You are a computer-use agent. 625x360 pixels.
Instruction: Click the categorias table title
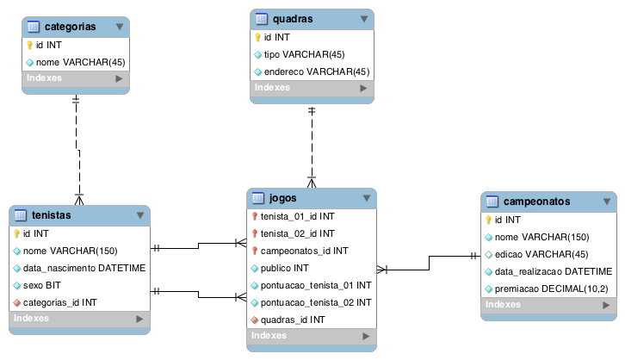tap(69, 27)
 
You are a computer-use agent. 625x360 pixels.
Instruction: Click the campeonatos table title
tap(536, 202)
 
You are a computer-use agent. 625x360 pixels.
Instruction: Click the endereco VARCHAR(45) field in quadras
tap(317, 71)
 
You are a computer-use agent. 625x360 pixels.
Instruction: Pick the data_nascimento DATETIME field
tap(84, 268)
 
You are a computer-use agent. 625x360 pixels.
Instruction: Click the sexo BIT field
tap(41, 285)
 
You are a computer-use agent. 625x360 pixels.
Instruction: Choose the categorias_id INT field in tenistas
tap(59, 302)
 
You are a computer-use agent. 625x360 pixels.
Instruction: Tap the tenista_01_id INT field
tap(298, 216)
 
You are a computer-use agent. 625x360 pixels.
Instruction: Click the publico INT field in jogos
tap(284, 268)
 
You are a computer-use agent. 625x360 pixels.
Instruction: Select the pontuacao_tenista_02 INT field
tap(316, 302)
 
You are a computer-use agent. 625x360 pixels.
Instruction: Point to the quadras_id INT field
tap(293, 320)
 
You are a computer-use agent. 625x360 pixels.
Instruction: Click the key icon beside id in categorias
tap(28, 45)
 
